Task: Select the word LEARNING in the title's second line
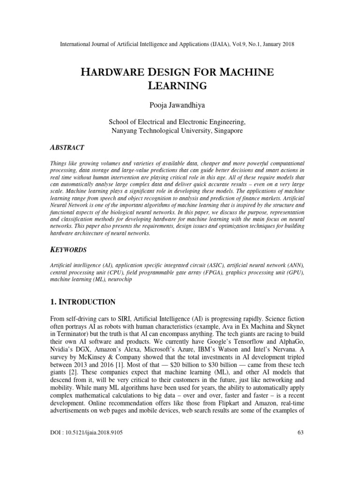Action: pos(180,86)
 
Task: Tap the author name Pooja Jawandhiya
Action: pos(180,105)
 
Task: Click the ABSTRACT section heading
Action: pos(67,147)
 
